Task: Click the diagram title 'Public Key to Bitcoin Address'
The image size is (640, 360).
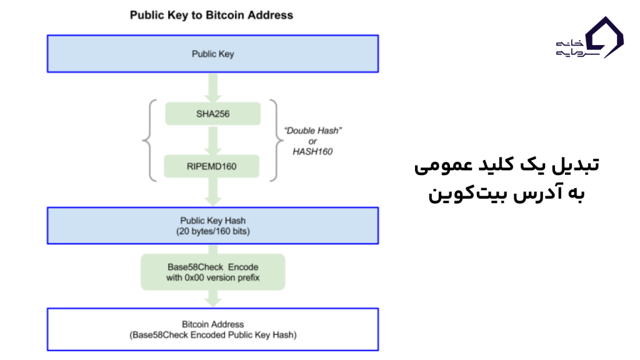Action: [211, 14]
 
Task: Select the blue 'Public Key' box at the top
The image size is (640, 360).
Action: [212, 54]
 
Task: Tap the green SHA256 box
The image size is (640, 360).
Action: [212, 114]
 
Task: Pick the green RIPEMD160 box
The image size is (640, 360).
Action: [212, 167]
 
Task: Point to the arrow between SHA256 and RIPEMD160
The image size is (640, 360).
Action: [212, 140]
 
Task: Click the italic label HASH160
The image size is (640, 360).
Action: [312, 151]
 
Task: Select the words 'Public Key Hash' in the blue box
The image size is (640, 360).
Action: [212, 221]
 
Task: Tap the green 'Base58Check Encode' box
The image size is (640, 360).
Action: [212, 271]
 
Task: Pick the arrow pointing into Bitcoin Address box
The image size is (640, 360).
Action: [212, 300]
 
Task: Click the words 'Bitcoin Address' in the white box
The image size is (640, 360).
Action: [212, 324]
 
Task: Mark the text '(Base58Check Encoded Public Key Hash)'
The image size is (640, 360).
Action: [212, 335]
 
